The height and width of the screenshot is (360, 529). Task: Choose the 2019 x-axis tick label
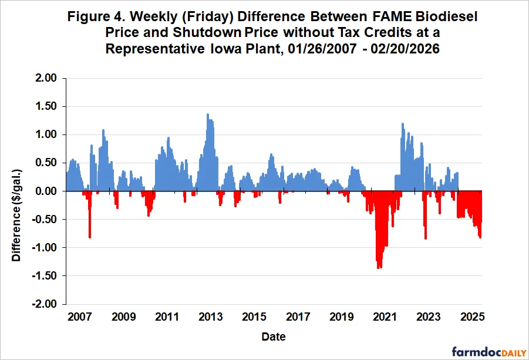coord(341,318)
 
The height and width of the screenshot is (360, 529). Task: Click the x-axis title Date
coord(274,337)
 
